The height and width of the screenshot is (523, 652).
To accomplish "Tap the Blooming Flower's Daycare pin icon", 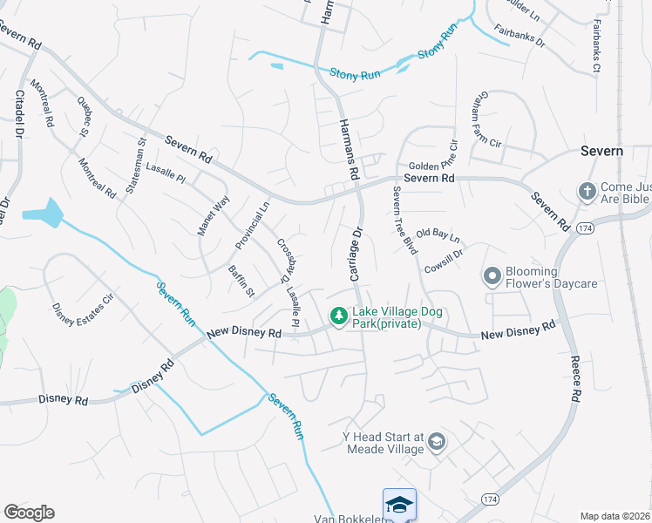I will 492,277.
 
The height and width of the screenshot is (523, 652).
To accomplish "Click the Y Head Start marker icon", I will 437,443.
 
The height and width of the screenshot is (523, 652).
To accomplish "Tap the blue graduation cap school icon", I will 399,505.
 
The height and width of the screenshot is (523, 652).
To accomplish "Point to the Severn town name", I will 601,151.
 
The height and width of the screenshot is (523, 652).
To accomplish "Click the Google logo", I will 29,513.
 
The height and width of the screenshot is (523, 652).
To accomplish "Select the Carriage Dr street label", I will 356,255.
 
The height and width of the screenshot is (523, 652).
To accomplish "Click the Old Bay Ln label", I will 438,234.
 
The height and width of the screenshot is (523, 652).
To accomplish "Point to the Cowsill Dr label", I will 444,253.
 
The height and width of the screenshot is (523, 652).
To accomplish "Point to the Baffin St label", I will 241,280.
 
